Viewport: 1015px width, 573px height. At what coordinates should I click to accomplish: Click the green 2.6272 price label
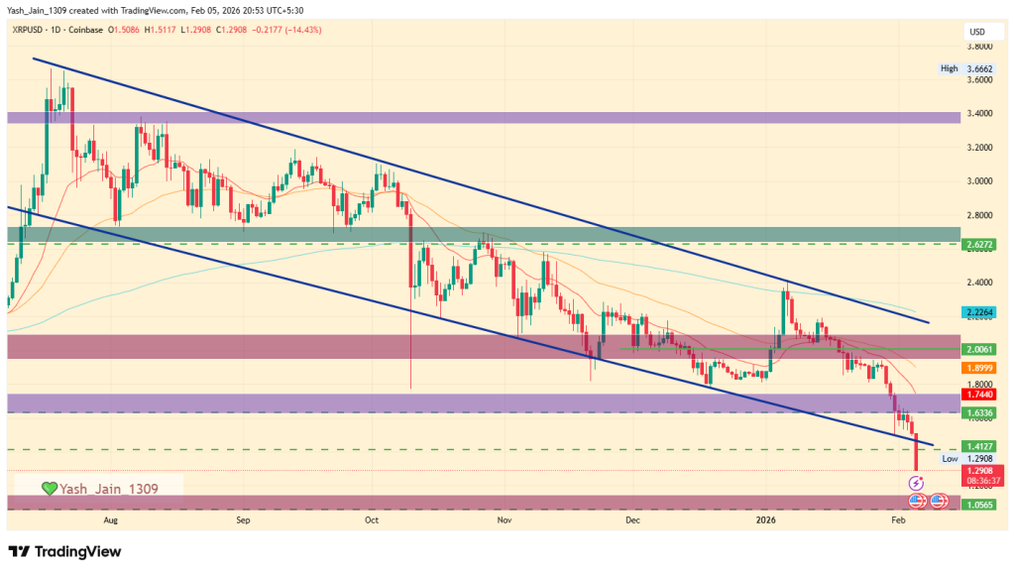pos(979,244)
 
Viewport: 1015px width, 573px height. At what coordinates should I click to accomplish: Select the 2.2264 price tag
pos(979,311)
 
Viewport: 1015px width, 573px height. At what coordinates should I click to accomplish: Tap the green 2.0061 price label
pos(979,349)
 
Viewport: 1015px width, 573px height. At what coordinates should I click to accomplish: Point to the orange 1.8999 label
pos(979,367)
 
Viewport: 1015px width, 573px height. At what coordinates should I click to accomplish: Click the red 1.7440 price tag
pos(979,395)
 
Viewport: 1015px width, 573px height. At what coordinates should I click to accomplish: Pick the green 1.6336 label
pos(979,412)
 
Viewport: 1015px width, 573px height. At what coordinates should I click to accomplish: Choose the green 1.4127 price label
pos(979,446)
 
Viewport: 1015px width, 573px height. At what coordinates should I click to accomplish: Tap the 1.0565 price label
pos(979,504)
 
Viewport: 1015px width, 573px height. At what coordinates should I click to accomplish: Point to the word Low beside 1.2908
pos(949,459)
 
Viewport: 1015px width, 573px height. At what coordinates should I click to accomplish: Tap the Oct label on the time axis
pos(372,518)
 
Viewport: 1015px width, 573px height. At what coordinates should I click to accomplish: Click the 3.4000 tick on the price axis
pos(980,114)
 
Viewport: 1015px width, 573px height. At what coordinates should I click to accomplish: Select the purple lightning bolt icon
pos(917,482)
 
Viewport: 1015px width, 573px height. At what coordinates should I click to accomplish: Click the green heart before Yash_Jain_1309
pos(48,488)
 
